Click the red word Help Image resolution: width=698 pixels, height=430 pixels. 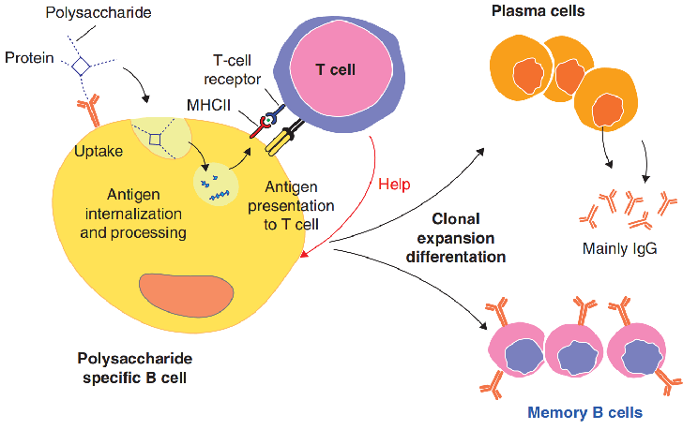[x=395, y=184]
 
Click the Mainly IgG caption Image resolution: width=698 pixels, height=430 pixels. [x=619, y=248]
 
